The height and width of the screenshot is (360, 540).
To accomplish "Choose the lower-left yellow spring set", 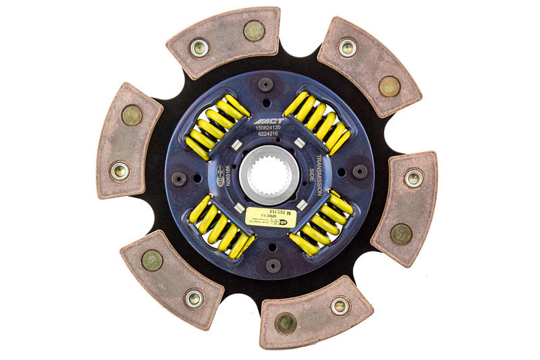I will (x=219, y=226).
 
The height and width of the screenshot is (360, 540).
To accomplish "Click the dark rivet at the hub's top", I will (x=265, y=84).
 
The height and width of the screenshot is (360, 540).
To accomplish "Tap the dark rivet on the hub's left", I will (x=179, y=179).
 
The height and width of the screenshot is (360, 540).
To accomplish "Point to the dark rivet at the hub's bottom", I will (x=273, y=265).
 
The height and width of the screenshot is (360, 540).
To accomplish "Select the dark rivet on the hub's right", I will (x=360, y=172).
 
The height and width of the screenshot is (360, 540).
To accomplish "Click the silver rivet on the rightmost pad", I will (x=413, y=178).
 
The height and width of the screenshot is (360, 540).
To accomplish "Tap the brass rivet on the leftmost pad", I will (x=132, y=115).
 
